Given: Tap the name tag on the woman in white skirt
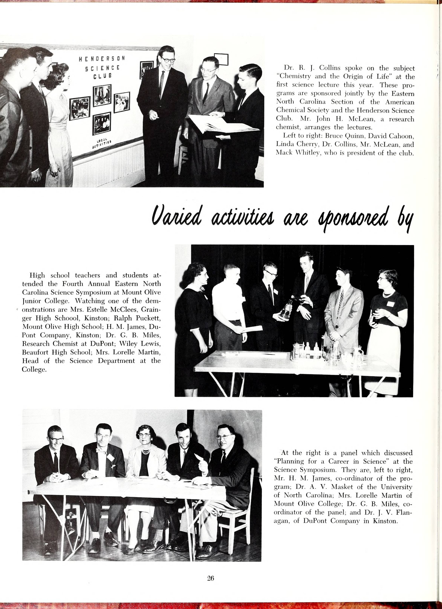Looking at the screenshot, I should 391,304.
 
